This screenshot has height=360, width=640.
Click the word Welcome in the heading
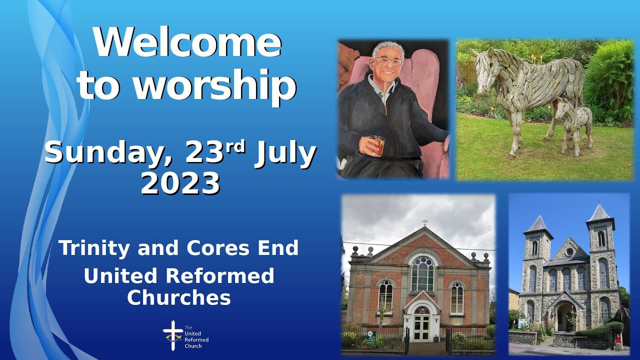coord(187,43)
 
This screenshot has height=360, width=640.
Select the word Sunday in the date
coord(108,153)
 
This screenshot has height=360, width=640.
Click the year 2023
coord(180,183)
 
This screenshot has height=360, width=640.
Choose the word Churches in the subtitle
coord(178,297)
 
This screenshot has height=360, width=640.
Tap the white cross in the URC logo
coord(172,334)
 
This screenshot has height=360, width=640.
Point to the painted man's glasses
coord(388,61)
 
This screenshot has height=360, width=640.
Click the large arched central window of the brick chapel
coord(422,273)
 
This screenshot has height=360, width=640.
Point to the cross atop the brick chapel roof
coord(424,222)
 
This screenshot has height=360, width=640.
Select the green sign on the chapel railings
coord(371,337)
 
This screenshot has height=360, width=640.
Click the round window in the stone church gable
coord(569,252)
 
